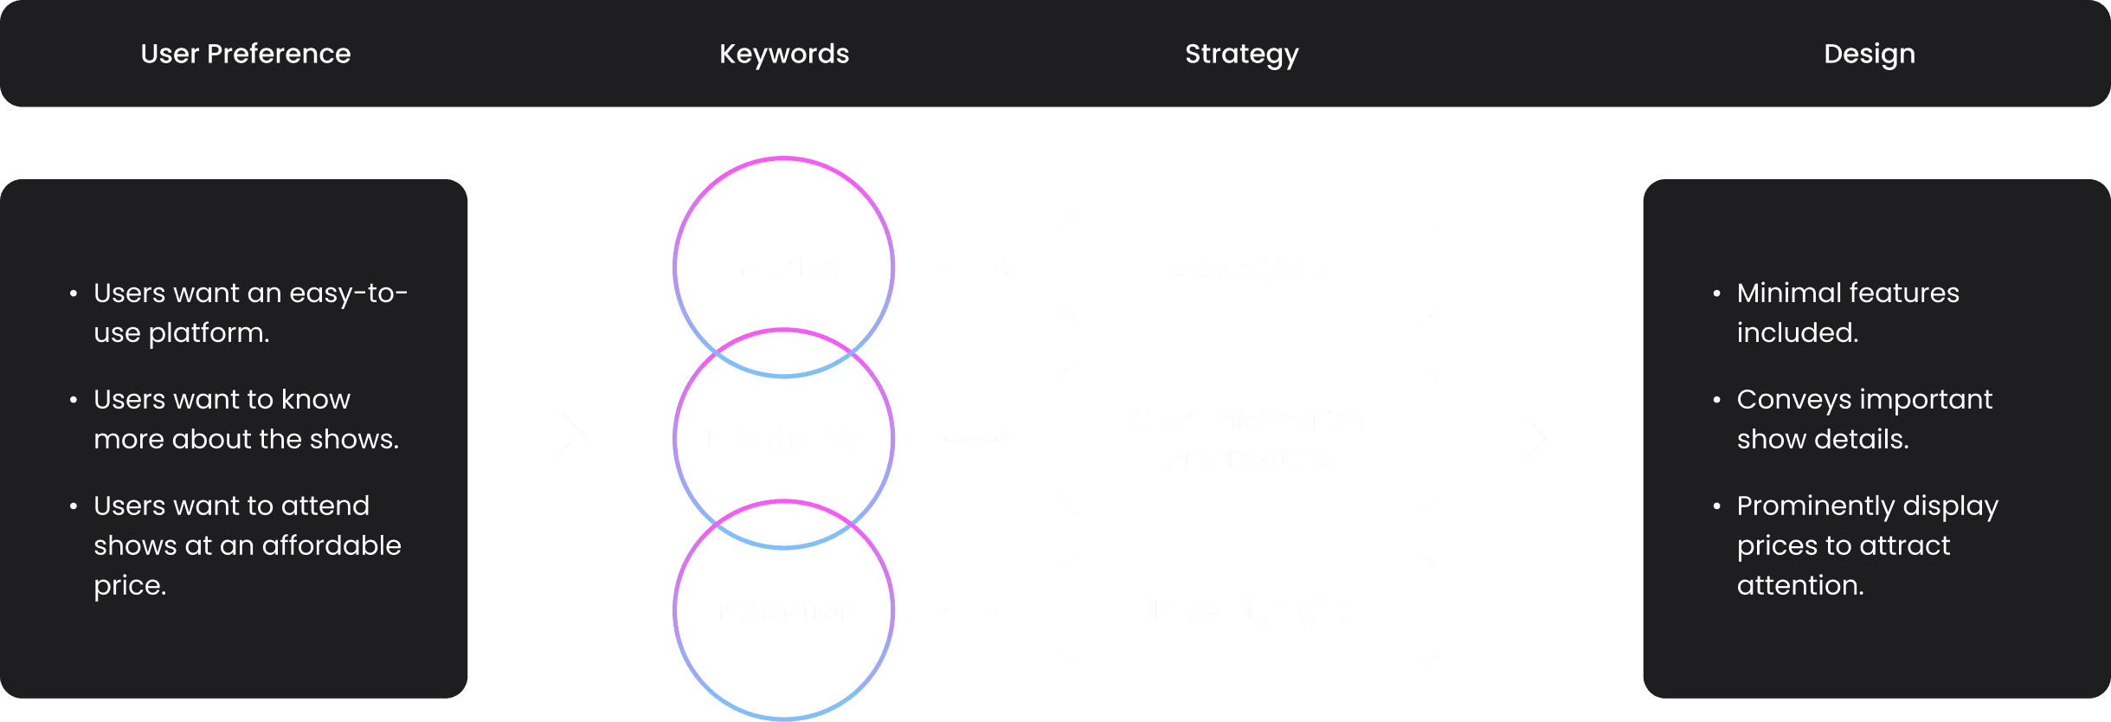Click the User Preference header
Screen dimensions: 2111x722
(246, 54)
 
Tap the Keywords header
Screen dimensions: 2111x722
(784, 54)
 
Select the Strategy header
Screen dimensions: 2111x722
(1241, 54)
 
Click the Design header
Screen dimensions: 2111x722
(1869, 54)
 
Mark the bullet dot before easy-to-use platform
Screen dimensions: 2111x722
(74, 293)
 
